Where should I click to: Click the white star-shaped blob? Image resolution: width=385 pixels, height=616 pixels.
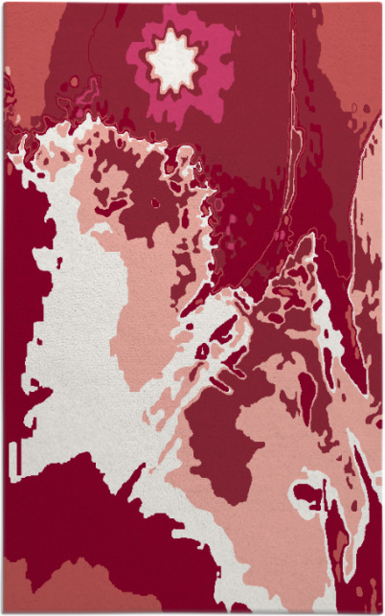(x=172, y=62)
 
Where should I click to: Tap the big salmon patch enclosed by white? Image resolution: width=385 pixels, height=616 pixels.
(x=144, y=316)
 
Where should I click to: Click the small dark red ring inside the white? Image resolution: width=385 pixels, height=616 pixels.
(x=202, y=352)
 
